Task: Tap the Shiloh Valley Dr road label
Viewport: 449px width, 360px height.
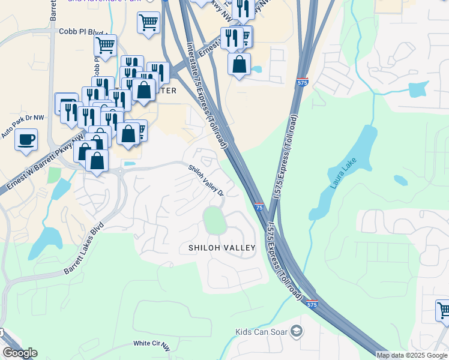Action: tap(206, 181)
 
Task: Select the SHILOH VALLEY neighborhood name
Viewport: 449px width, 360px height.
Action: tap(222, 247)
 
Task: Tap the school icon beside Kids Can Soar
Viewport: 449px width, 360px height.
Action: tap(296, 331)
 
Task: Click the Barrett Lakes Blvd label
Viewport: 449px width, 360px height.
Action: tap(84, 251)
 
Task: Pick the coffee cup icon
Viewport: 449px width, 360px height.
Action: tap(26, 140)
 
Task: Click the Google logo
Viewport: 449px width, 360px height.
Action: tap(20, 353)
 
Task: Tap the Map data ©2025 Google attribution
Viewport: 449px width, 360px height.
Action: tap(412, 355)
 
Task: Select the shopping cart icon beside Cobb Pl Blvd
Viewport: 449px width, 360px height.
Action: tap(106, 45)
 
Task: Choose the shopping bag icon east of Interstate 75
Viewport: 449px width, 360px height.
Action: tap(239, 64)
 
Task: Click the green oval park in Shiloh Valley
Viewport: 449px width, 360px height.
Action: tap(214, 221)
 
